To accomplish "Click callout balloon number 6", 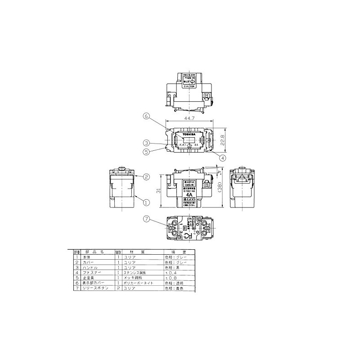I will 146,116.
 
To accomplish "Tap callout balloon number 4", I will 223,157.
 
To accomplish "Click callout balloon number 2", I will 146,177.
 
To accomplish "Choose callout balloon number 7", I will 146,220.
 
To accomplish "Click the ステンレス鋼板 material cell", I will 133,272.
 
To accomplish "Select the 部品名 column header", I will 95,252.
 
